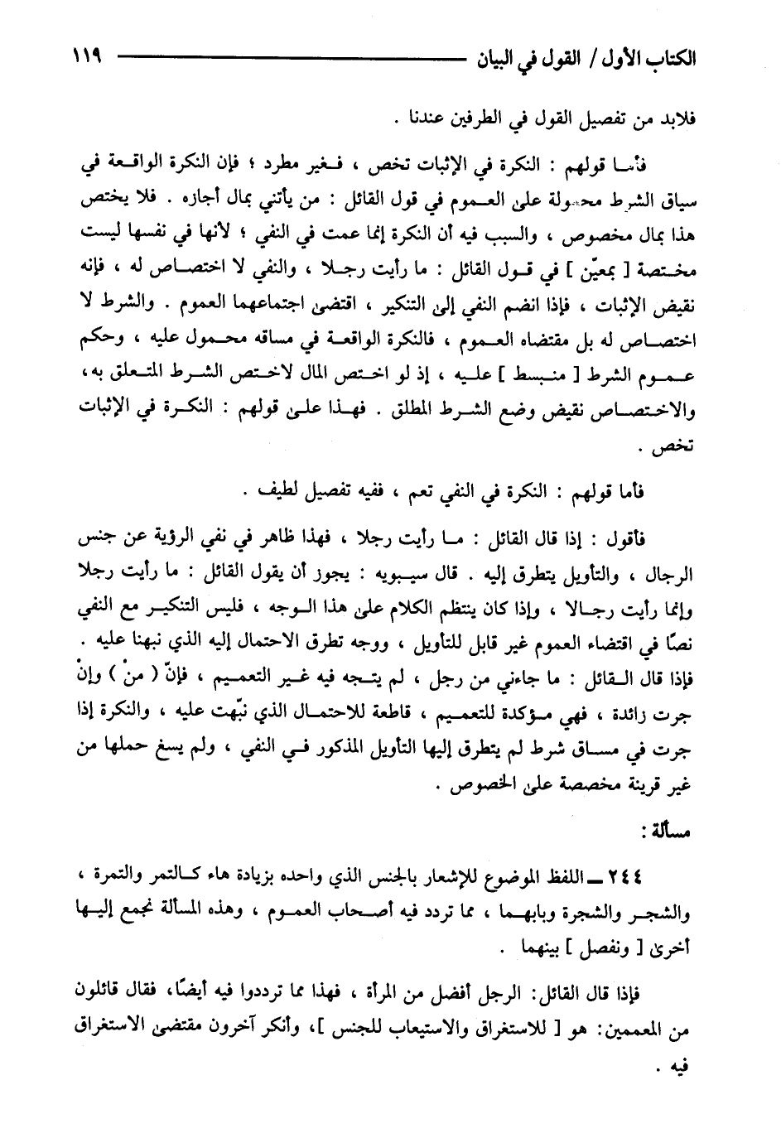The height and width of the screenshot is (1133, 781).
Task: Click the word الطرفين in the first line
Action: pos(481,118)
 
